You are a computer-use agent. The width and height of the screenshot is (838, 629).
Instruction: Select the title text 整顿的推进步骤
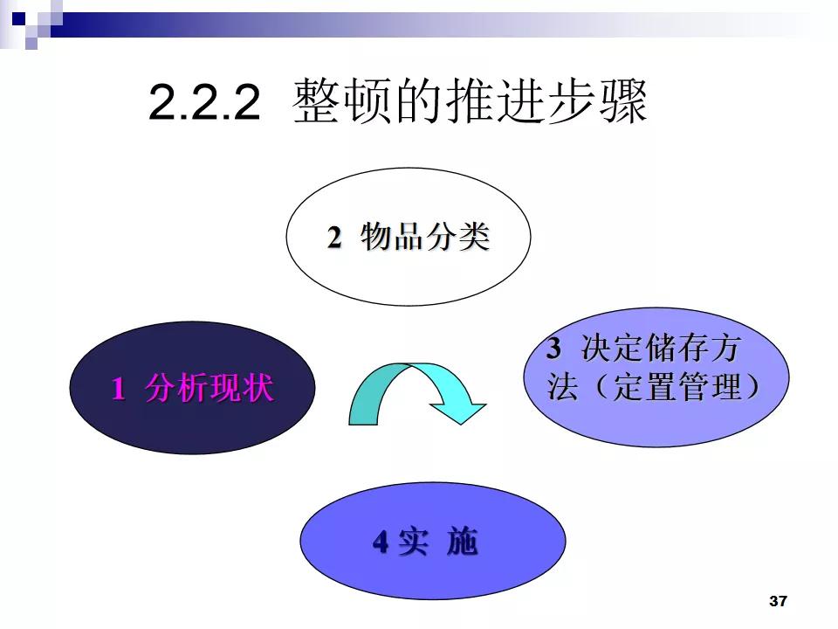(471, 102)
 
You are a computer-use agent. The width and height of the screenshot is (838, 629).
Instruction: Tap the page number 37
(779, 601)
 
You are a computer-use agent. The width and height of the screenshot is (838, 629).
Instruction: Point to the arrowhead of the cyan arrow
(462, 409)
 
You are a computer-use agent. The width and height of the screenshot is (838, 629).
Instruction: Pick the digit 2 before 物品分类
(334, 238)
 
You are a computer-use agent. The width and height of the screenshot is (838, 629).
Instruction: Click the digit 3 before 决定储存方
(553, 349)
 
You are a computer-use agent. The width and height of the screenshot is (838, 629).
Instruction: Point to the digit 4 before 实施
(381, 543)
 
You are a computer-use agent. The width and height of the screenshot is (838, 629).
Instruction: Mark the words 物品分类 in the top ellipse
(425, 238)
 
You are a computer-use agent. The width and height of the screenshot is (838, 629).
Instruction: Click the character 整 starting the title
(316, 102)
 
